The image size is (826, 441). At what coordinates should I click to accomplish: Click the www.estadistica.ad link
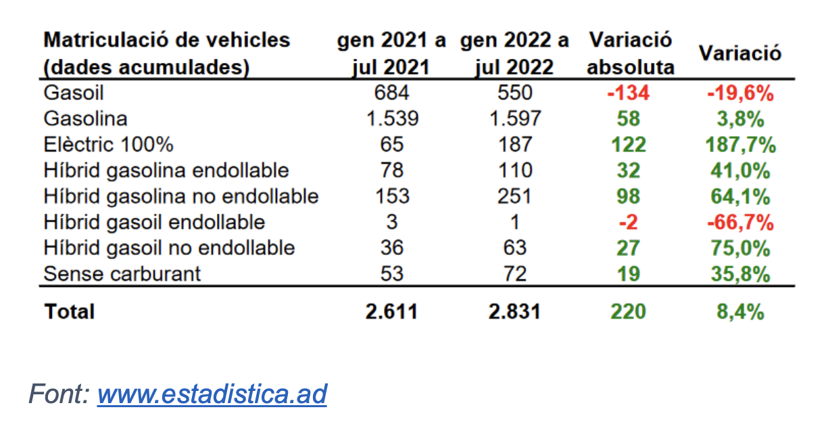212,394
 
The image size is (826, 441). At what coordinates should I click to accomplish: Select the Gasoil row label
73,93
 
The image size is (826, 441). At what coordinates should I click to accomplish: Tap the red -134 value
628,93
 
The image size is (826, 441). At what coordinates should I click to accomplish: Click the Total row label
69,311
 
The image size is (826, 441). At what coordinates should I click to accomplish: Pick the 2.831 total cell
514,311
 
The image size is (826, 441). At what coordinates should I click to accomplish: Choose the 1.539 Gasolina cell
392,118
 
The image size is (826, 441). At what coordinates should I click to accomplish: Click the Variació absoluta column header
630,53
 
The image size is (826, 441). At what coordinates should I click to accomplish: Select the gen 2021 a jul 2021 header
392,53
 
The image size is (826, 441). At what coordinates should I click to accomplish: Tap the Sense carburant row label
122,273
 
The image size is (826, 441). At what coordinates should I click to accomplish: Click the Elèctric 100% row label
108,145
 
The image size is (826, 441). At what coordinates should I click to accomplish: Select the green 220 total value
628,311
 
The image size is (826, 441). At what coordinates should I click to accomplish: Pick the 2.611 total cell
392,311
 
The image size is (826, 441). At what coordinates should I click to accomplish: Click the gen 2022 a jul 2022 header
514,53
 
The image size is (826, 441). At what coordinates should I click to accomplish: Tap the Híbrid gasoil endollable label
154,222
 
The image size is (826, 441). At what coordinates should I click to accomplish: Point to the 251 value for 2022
514,196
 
